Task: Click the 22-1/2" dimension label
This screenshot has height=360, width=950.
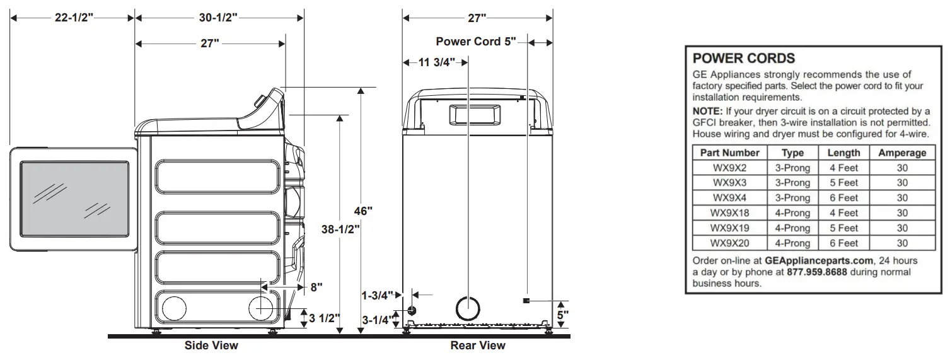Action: pos(73,18)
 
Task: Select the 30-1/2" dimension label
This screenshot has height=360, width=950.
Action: pos(218,18)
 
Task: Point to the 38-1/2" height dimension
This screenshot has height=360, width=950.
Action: pos(341,230)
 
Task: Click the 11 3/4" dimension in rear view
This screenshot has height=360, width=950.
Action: pos(434,62)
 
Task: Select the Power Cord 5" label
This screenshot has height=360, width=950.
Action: pos(476,42)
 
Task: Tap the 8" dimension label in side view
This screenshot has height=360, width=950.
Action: pos(316,287)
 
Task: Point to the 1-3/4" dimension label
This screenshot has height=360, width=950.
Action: pos(377,294)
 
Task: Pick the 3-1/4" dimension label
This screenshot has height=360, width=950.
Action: pos(377,321)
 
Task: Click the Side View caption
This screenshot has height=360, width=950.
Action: pos(211,345)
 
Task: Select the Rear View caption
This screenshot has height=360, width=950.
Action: pos(477,345)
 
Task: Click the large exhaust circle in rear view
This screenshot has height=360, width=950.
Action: pos(467,308)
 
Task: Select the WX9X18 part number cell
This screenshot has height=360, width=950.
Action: pos(729,213)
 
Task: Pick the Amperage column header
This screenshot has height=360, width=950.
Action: pos(902,153)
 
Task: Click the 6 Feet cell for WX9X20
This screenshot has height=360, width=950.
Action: pos(843,243)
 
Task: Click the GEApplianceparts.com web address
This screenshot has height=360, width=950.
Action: pos(818,260)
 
